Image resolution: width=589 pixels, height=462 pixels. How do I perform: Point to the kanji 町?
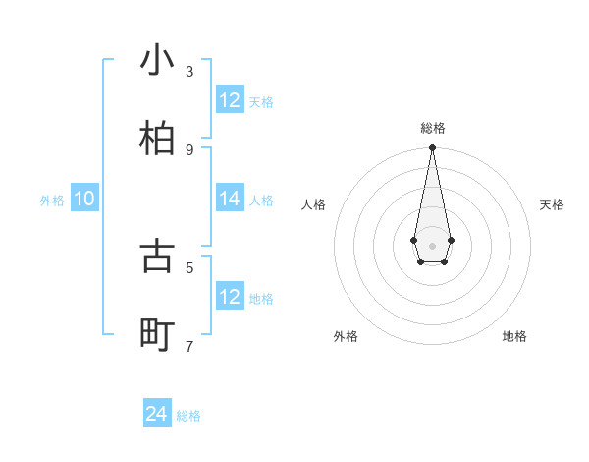[x=158, y=335]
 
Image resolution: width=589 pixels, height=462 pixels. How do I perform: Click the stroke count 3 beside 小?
[x=189, y=72]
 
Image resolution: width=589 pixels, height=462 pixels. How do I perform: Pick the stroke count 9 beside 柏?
[x=189, y=149]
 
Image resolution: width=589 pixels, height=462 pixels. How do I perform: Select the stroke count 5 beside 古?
[x=189, y=266]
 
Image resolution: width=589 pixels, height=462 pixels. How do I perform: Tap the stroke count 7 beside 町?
[x=189, y=346]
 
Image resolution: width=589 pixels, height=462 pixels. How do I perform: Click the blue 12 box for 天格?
[x=230, y=100]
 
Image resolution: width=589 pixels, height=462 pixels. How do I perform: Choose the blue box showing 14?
[x=230, y=199]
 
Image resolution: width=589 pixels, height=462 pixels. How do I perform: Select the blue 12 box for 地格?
[x=230, y=297]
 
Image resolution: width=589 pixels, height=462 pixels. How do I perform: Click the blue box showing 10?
[x=84, y=199]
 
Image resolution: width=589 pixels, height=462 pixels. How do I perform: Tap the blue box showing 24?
[x=157, y=414]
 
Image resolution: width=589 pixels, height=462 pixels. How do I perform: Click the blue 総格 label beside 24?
[x=188, y=416]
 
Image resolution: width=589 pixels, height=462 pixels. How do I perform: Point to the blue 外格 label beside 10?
[x=52, y=201]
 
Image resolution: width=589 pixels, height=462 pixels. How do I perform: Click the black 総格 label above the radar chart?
[x=432, y=128]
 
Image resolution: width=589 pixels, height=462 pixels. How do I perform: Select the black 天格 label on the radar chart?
[x=552, y=204]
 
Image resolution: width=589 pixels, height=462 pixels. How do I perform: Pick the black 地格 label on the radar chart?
[x=514, y=336]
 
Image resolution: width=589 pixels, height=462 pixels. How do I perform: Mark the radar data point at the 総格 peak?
[x=432, y=148]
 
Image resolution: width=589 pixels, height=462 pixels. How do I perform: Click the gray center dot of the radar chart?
[x=432, y=245]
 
